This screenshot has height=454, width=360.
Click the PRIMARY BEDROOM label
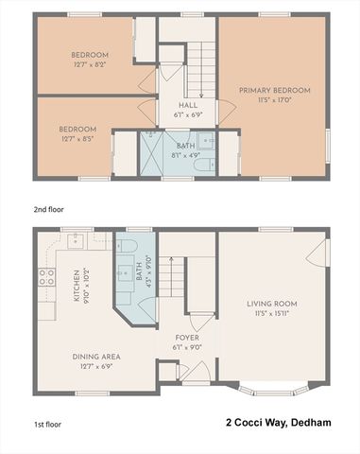pos(274,91)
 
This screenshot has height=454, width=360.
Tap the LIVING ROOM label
pos(272,304)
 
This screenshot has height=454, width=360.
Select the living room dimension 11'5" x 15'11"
pos(272,313)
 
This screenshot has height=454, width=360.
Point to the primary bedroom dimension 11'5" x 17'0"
pos(274,100)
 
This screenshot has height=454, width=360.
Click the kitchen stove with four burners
pos(45,277)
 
